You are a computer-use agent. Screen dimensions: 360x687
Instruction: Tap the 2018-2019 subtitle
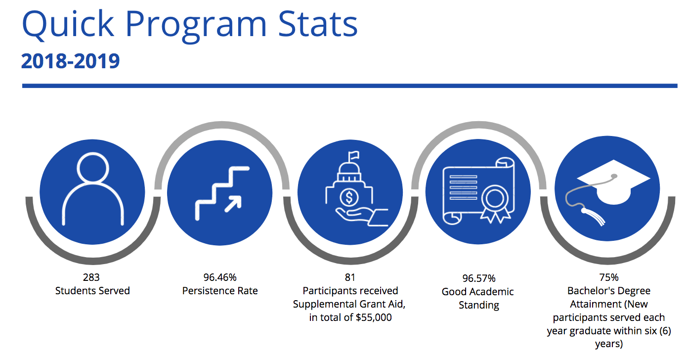point(71,61)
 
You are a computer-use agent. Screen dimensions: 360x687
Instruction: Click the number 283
point(92,277)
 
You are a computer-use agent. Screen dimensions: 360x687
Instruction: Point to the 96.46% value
point(220,277)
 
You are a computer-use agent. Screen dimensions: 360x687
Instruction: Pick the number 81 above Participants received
point(350,277)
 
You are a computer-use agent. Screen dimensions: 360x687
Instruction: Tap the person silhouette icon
point(92,187)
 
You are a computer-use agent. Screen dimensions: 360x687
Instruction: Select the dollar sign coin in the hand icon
point(349,198)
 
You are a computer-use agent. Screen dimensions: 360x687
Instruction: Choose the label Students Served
point(92,291)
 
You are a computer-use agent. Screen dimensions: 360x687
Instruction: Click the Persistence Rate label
point(220,291)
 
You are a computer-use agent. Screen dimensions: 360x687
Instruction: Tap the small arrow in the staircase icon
point(233,203)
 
